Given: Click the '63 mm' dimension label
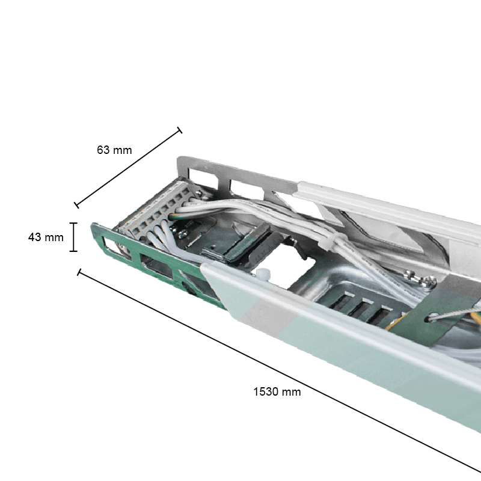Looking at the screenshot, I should click(x=114, y=150).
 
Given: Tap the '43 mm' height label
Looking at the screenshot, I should click(x=46, y=237).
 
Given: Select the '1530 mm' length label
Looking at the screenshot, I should click(x=277, y=391).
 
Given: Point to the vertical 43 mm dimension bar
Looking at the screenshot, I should click(x=74, y=237).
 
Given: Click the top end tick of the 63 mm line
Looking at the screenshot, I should click(x=179, y=130).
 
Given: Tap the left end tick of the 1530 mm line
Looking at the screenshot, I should click(x=79, y=272).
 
